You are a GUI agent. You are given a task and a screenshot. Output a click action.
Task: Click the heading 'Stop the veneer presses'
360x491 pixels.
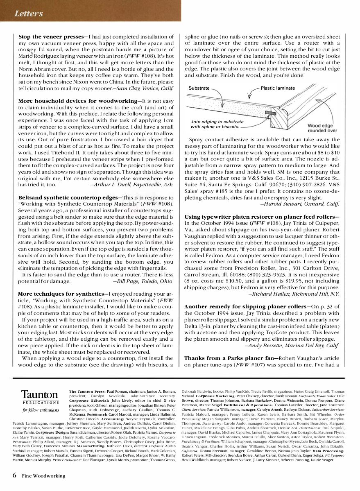(52, 37)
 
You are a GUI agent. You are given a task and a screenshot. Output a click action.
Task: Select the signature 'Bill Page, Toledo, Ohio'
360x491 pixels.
(142, 281)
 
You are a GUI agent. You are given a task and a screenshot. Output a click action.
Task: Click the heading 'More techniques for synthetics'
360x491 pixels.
(61, 294)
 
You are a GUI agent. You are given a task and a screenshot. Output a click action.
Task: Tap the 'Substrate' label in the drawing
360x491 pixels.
(199, 88)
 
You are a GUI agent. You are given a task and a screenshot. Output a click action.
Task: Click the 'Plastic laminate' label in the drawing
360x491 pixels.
(278, 88)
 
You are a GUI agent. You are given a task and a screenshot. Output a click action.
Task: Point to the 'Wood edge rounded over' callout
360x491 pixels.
(322, 128)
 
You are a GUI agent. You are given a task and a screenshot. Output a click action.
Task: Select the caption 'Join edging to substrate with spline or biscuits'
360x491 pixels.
(217, 124)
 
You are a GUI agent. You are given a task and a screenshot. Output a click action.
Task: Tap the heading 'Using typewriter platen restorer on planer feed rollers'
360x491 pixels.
(262, 217)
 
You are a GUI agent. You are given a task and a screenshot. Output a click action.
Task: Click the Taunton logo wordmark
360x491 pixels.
(39, 395)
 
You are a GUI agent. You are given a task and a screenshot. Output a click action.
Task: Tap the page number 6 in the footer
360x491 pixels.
(14, 476)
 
